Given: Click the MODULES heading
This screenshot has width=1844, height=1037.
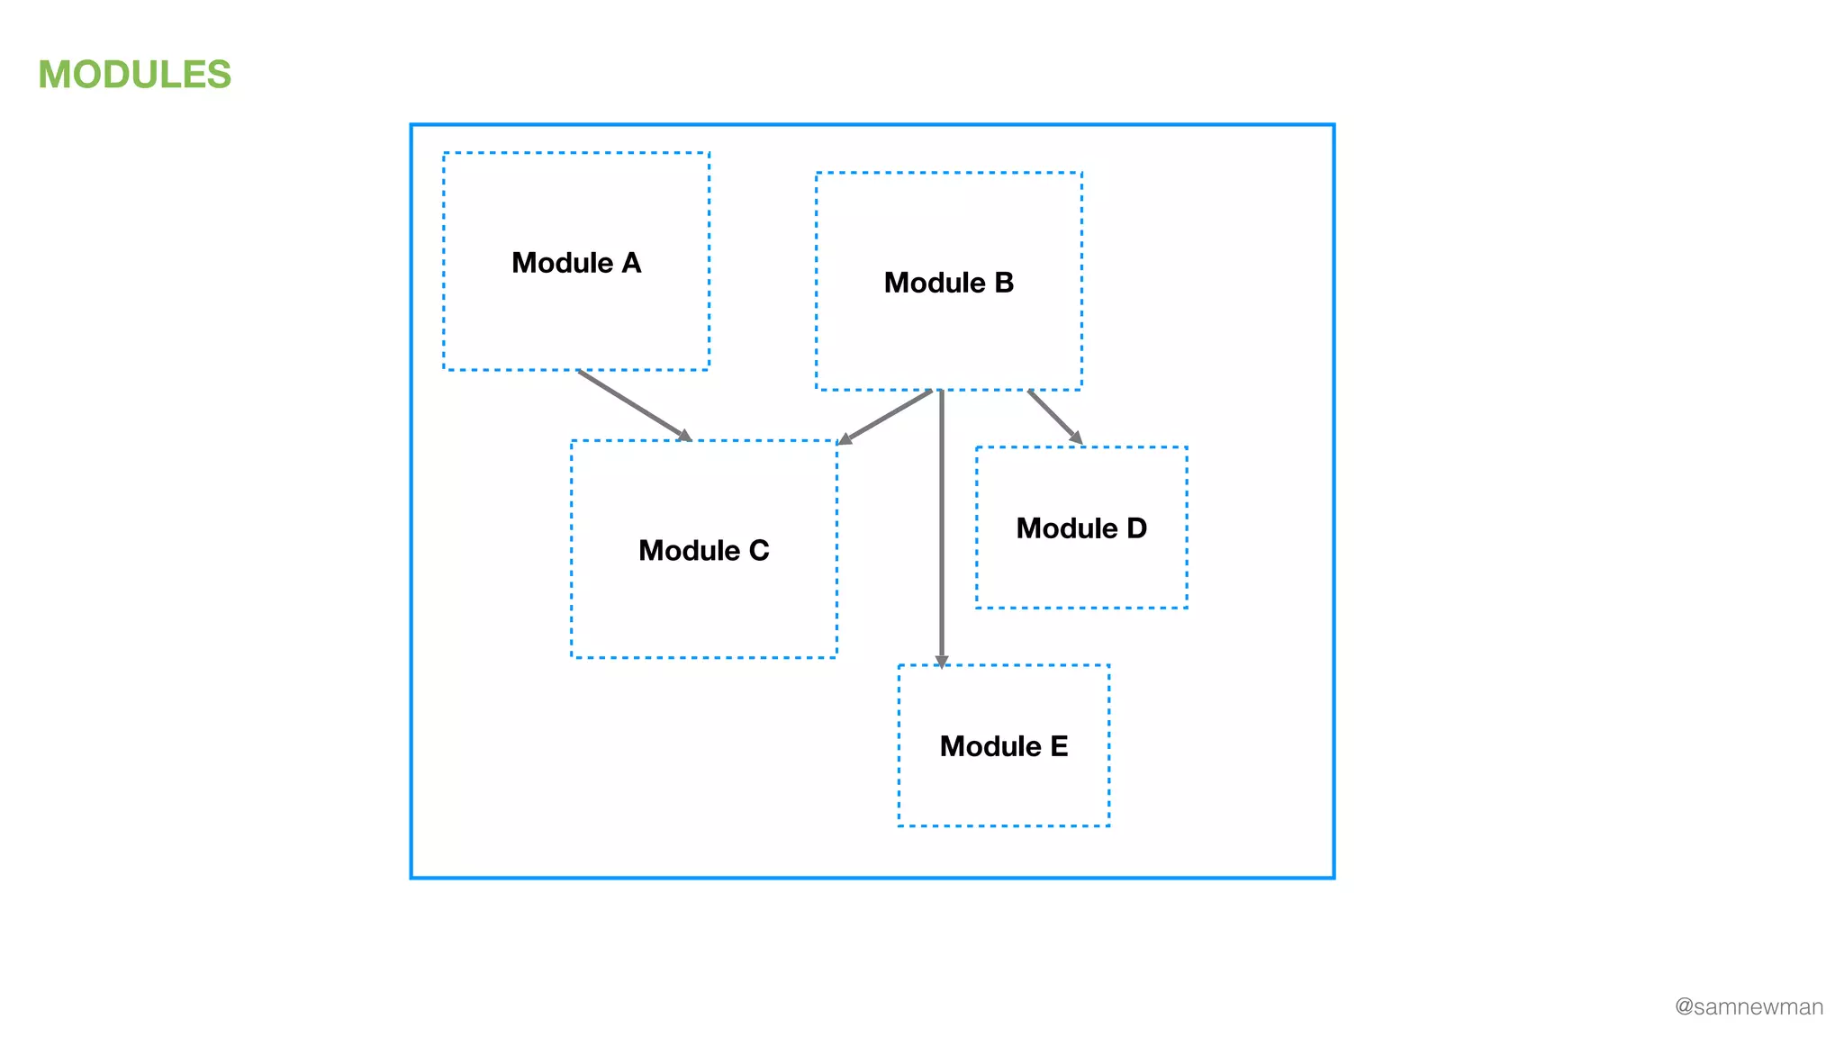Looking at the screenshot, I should click(x=135, y=75).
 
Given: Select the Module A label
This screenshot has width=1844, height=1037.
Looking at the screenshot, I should click(x=576, y=263).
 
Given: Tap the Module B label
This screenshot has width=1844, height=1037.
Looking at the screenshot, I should click(x=949, y=283).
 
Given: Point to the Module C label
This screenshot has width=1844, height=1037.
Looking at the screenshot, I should click(x=704, y=550).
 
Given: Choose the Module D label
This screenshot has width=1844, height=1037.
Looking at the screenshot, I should click(x=1081, y=528).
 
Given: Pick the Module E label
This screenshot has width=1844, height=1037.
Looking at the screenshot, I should click(x=1004, y=746).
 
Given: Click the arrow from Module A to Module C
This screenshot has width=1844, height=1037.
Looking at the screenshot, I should click(x=633, y=405).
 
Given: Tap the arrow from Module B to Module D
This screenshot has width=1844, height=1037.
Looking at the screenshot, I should click(x=1053, y=415).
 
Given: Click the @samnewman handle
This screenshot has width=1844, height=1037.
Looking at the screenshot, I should click(x=1749, y=1006).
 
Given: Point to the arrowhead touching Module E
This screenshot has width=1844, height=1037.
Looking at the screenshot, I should click(x=942, y=662).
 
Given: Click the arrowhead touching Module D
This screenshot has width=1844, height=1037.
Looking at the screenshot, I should click(x=1076, y=437).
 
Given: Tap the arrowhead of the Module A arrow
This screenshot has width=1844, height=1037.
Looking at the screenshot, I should click(x=684, y=436).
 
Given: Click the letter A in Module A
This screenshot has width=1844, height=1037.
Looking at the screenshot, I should click(x=631, y=263).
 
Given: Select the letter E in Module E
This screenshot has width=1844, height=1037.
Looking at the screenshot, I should click(x=1059, y=746).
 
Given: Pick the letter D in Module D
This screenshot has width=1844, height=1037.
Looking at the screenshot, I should click(x=1136, y=528).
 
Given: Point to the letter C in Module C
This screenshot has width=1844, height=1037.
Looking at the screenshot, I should click(x=759, y=550).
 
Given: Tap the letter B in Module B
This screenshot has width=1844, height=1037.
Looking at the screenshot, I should click(x=1004, y=283).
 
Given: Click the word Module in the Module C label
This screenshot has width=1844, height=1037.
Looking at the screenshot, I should click(x=689, y=550).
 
